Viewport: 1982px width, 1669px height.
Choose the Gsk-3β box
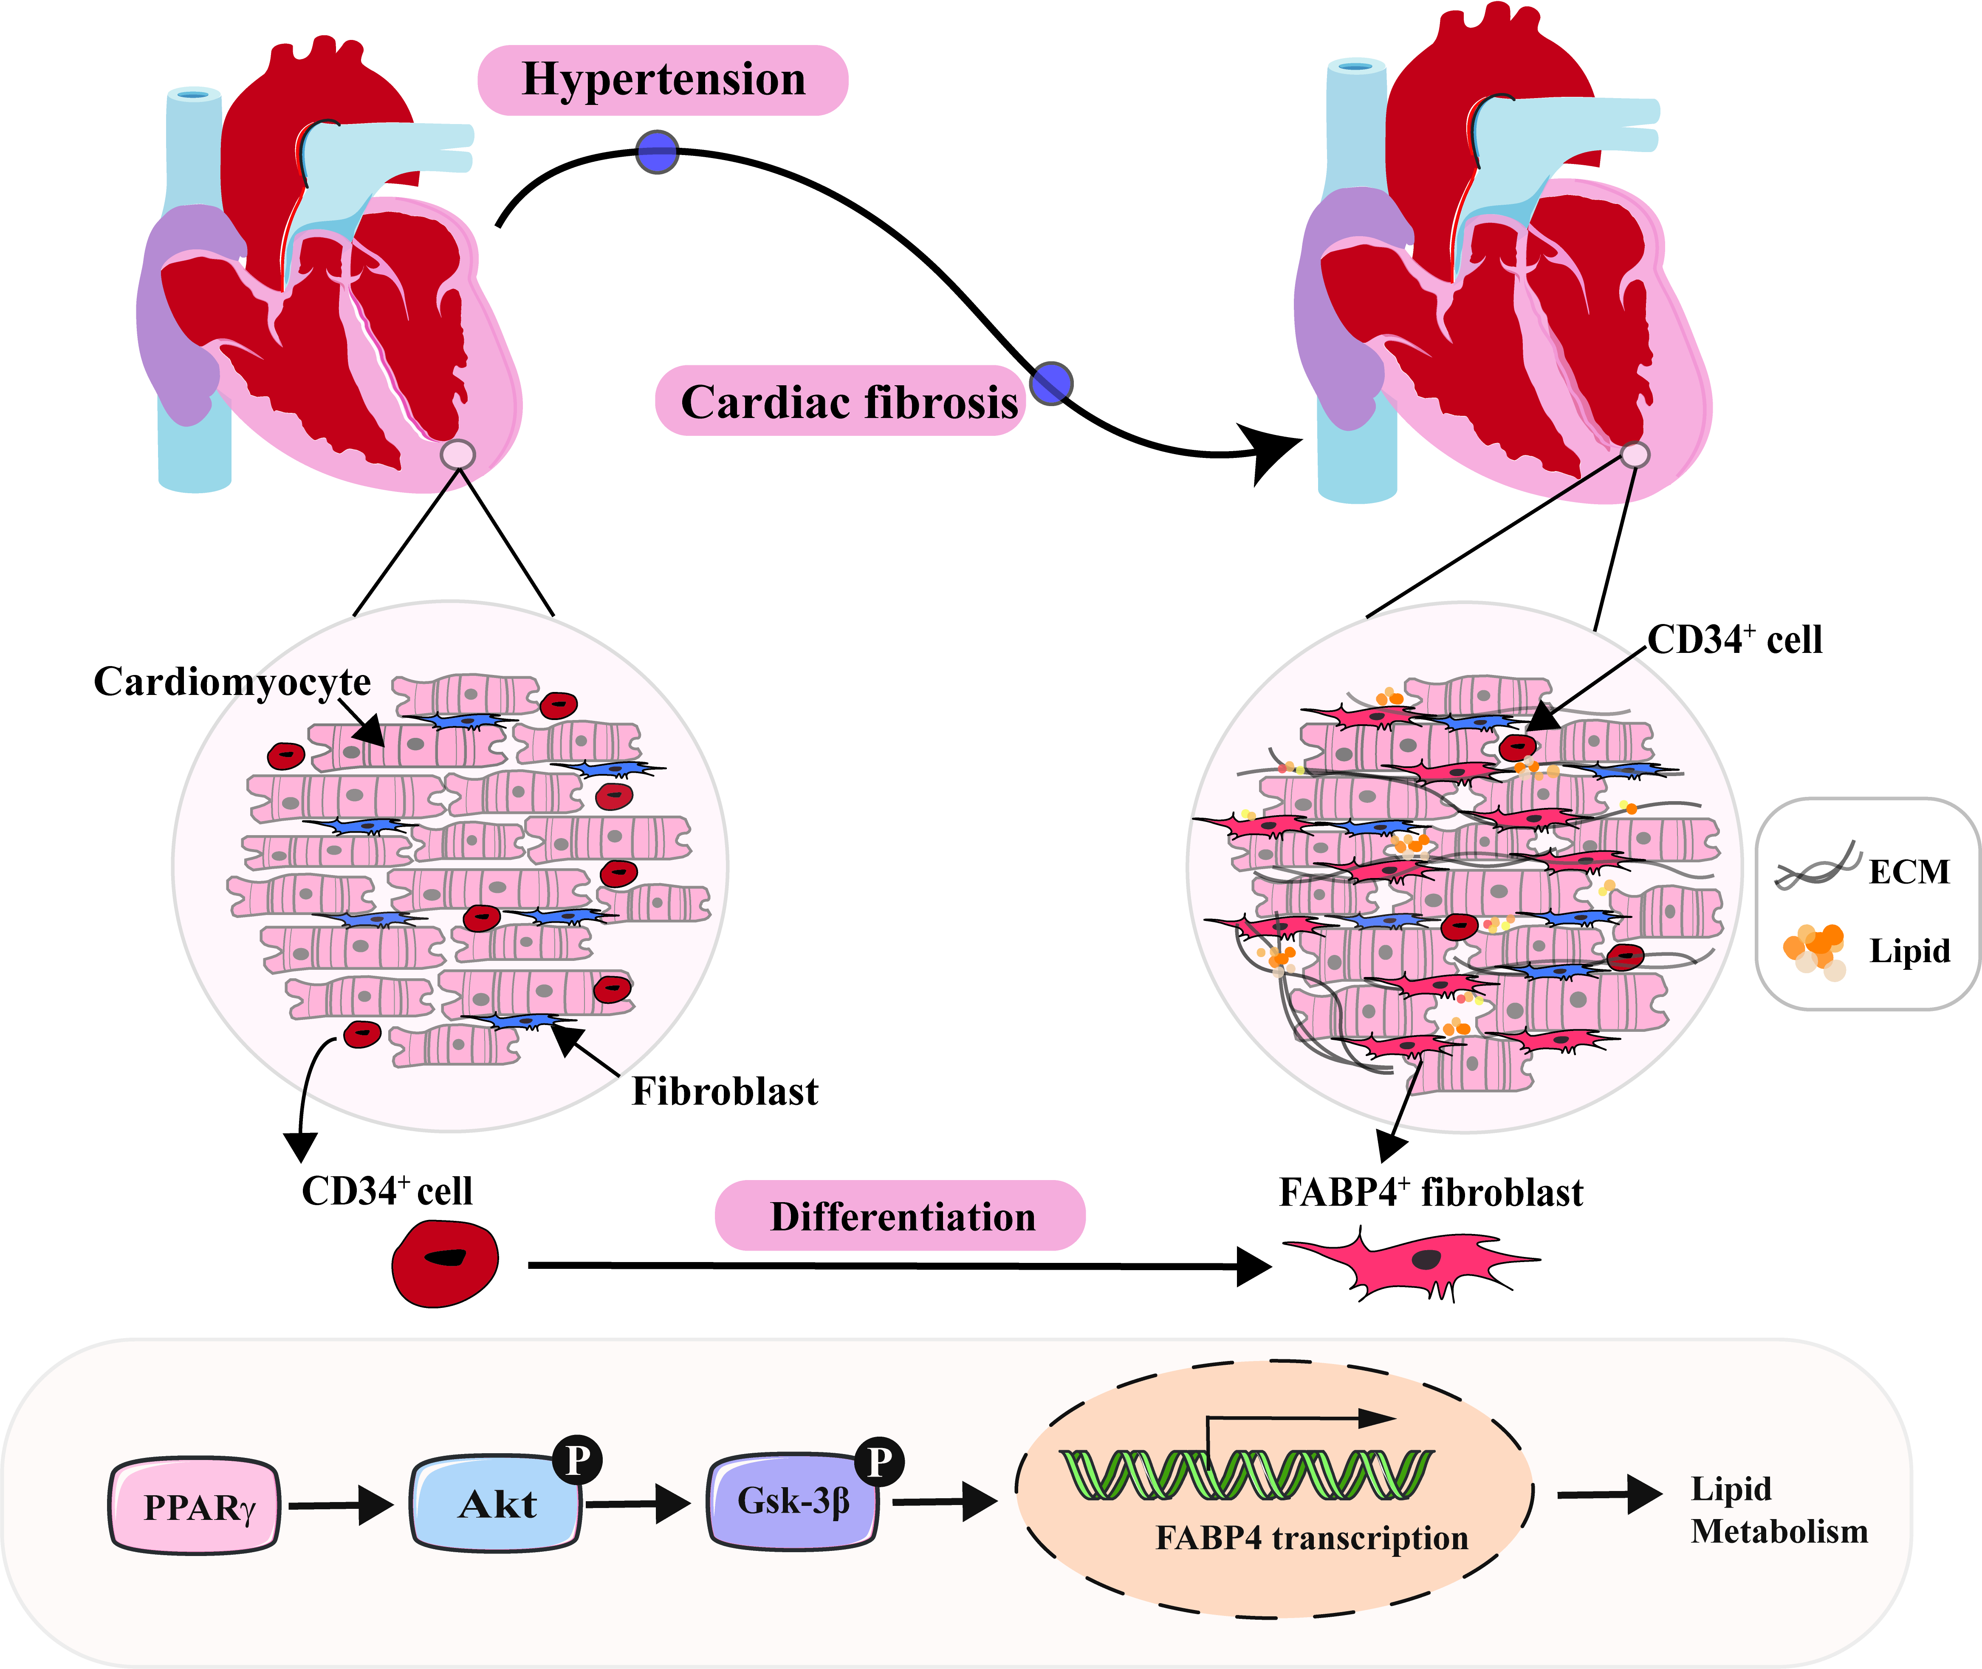point(793,1502)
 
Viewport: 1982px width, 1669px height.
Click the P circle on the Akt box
point(577,1460)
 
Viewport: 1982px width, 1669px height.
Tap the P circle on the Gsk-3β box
point(879,1462)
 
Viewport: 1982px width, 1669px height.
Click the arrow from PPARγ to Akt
point(341,1505)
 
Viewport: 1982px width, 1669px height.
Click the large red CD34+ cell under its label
point(445,1263)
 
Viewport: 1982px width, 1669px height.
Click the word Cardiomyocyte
point(232,681)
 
